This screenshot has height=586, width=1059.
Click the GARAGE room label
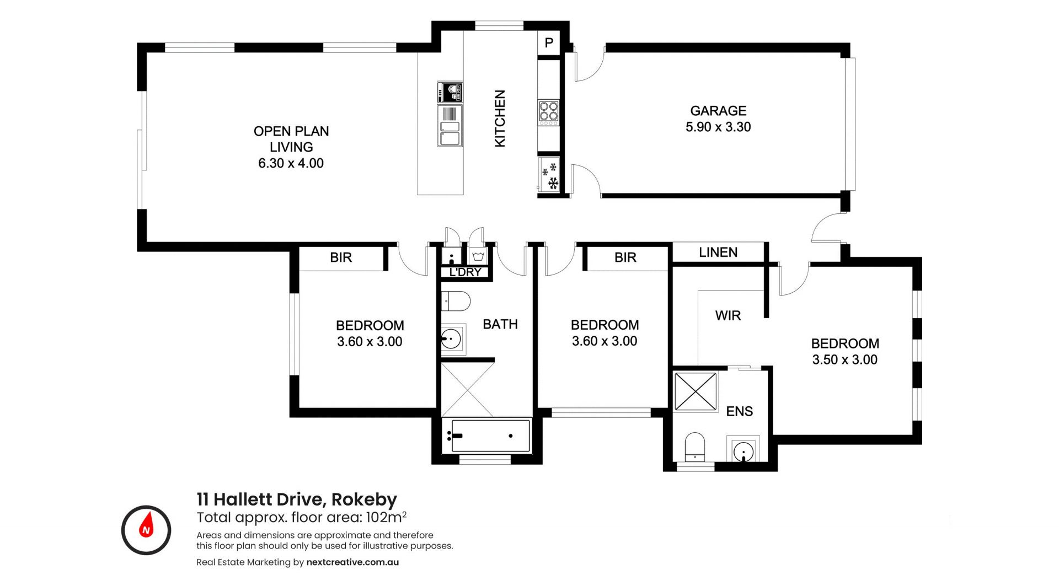tap(718, 111)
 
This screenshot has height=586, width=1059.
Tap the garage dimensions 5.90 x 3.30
tap(718, 127)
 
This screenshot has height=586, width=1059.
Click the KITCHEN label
tap(500, 119)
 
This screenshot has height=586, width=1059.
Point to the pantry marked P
tap(549, 42)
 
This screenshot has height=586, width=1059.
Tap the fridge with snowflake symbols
tap(549, 175)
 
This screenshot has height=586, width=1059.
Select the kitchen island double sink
tap(450, 126)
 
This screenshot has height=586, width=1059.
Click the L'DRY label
tap(465, 272)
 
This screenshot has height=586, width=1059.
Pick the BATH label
tap(500, 324)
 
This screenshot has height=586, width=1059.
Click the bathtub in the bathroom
tap(490, 436)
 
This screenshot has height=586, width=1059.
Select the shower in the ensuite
tap(696, 391)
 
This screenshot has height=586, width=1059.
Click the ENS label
tap(740, 411)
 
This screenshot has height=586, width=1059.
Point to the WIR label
tap(728, 316)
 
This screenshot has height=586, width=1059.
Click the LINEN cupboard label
tap(718, 252)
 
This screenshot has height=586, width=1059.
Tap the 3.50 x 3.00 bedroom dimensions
tap(845, 360)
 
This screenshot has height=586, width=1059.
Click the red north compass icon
tap(146, 530)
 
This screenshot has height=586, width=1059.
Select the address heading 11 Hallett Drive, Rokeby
tap(297, 499)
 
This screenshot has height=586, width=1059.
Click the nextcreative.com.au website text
tap(352, 562)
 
